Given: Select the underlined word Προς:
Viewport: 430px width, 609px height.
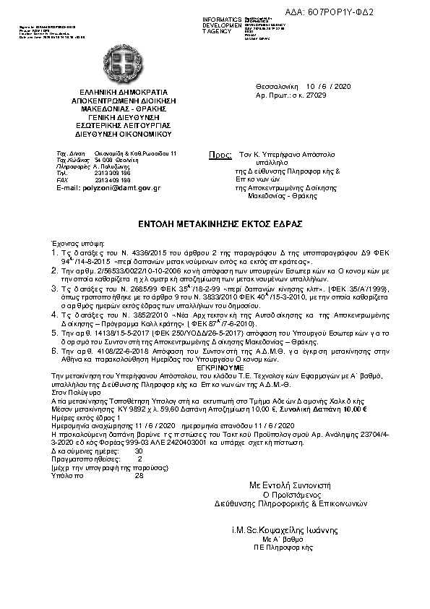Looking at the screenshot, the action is (x=220, y=156).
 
